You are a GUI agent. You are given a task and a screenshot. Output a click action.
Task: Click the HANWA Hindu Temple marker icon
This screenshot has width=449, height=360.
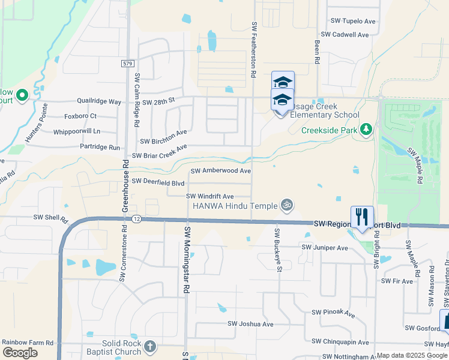pos(287,206)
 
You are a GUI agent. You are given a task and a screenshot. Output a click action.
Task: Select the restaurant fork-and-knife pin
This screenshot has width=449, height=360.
pos(361,217)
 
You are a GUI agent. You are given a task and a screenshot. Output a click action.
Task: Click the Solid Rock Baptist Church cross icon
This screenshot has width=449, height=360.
pos(150,346)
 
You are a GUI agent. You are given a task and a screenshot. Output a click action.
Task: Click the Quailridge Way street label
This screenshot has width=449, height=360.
pos(98,102)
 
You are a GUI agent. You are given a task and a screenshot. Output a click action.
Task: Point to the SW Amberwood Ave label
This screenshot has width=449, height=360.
pos(220,171)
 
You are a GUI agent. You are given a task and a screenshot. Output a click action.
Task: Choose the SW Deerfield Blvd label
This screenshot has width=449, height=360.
pos(158,182)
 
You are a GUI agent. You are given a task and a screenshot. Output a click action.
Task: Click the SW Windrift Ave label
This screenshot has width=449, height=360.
pos(209,196)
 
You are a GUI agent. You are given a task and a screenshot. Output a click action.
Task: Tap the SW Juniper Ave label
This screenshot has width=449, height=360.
pos(325,247)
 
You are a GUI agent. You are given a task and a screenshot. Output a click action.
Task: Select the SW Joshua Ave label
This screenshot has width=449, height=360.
pos(250,324)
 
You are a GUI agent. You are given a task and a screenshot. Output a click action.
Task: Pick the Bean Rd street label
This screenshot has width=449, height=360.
pos(316,52)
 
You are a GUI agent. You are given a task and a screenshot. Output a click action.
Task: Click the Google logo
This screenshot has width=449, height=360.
pos(20,353)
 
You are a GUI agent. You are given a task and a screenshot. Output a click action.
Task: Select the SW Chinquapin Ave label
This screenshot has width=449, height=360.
pos(340,342)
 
